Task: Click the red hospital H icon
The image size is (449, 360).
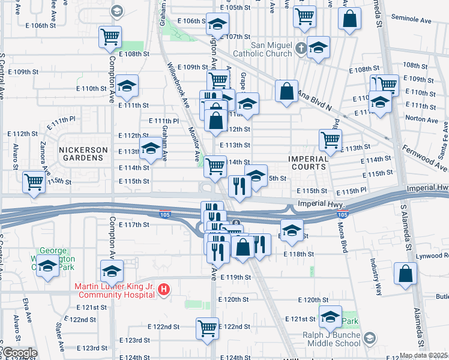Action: (x=164, y=291)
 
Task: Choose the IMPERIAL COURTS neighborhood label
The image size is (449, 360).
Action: (x=307, y=164)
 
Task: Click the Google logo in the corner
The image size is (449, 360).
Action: (x=19, y=353)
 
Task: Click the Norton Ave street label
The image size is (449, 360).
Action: (x=423, y=118)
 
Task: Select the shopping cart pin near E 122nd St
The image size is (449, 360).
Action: (x=207, y=328)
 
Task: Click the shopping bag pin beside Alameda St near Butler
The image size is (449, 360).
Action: (x=406, y=273)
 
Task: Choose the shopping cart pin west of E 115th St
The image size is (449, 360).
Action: (x=34, y=182)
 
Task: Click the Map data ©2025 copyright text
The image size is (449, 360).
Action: (x=424, y=355)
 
